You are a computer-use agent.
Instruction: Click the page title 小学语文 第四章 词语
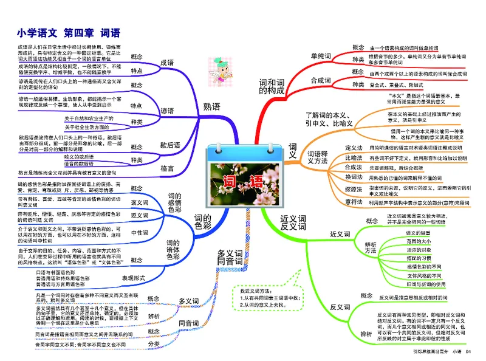[69, 33]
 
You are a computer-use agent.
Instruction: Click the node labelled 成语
[167, 63]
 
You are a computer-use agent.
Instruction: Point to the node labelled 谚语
[167, 111]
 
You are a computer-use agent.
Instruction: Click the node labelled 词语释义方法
[320, 157]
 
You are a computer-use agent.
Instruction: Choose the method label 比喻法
[353, 157]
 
